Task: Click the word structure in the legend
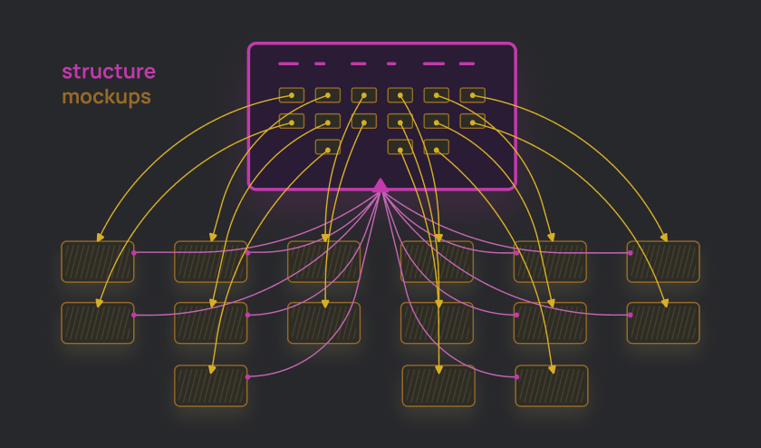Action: point(109,72)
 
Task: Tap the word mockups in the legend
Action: point(106,97)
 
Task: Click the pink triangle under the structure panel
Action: point(380,185)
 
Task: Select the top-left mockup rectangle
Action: point(98,261)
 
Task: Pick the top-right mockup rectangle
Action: point(663,261)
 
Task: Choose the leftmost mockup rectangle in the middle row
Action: point(98,323)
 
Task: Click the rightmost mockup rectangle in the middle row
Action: point(663,323)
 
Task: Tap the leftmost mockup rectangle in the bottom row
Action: point(210,385)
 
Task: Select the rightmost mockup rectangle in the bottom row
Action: point(552,385)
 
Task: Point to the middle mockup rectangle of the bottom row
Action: point(438,385)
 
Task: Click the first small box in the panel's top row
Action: point(292,95)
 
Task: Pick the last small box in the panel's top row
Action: point(473,95)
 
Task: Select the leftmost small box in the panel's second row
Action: point(292,121)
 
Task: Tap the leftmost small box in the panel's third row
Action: point(328,147)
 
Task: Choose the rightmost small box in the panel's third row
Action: point(437,147)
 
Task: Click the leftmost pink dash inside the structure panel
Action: point(288,64)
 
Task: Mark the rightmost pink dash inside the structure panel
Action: point(467,64)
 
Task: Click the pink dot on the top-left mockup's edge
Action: point(134,253)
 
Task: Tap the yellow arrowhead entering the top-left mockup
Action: point(99,239)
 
